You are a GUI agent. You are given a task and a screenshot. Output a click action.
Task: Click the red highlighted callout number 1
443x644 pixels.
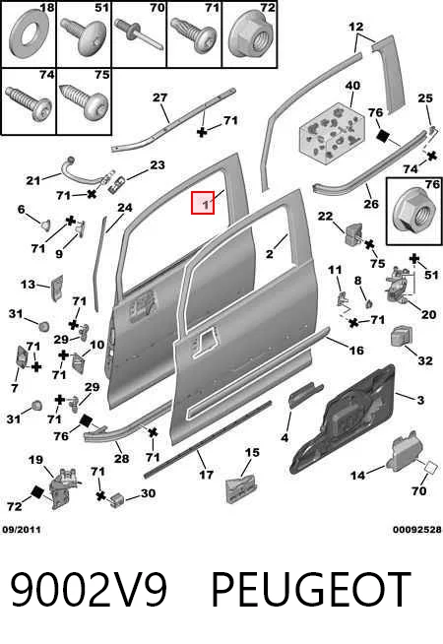pyautogui.click(x=203, y=203)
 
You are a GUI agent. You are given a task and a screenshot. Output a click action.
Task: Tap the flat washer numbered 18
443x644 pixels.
pyautogui.click(x=29, y=36)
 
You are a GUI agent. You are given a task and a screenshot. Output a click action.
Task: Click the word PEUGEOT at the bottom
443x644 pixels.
pyautogui.click(x=311, y=590)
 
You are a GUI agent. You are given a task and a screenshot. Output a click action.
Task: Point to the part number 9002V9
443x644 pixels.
pyautogui.click(x=89, y=590)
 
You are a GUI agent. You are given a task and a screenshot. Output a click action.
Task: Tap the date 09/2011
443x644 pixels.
pyautogui.click(x=22, y=530)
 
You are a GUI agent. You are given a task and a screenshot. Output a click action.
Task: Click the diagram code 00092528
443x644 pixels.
pyautogui.click(x=417, y=530)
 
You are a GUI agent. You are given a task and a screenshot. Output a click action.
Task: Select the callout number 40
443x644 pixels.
pyautogui.click(x=352, y=86)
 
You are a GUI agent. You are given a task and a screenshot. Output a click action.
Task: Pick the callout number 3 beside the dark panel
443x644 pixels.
pyautogui.click(x=420, y=400)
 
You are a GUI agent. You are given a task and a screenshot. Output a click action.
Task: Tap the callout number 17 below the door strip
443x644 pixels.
pyautogui.click(x=206, y=475)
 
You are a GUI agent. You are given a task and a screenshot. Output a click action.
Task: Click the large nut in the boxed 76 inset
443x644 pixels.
pyautogui.click(x=412, y=213)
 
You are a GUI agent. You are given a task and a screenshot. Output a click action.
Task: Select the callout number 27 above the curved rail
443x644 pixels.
pyautogui.click(x=159, y=97)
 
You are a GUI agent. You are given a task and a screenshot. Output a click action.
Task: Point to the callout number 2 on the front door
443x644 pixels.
pyautogui.click(x=270, y=254)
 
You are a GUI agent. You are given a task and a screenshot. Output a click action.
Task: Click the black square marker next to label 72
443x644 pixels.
pyautogui.click(x=37, y=492)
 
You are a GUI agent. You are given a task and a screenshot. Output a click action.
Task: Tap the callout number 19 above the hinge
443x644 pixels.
pyautogui.click(x=35, y=460)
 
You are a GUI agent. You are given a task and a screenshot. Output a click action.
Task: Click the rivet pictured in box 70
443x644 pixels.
pyautogui.click(x=139, y=33)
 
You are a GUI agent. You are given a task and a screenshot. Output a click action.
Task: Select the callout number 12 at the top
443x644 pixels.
pyautogui.click(x=356, y=27)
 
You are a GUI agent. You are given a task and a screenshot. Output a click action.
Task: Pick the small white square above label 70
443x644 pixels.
pyautogui.click(x=430, y=468)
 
